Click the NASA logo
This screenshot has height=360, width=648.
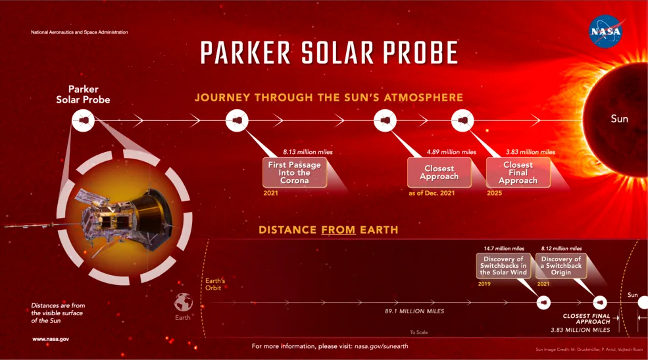(605, 32)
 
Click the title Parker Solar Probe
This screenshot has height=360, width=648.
(328, 52)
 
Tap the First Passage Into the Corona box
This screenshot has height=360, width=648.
(294, 172)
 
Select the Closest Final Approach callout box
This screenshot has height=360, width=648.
(518, 172)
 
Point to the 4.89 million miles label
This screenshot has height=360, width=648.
(451, 152)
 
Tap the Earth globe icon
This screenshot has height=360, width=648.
(183, 302)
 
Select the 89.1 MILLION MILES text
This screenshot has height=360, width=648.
(414, 311)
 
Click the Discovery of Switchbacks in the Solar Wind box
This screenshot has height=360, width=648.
(503, 265)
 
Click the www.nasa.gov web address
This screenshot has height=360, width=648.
(51, 340)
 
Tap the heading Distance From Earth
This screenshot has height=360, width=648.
(328, 230)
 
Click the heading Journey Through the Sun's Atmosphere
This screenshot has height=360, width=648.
(328, 98)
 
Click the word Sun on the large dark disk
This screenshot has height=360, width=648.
(619, 119)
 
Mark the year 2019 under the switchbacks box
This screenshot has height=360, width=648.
(484, 284)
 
